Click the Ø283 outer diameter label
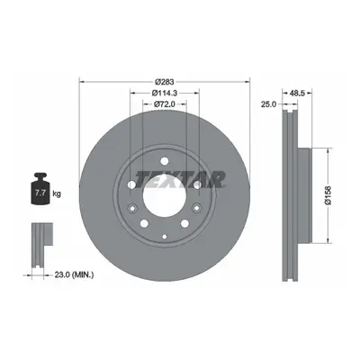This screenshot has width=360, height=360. pyautogui.click(x=165, y=82)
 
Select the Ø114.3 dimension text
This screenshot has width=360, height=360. pyautogui.click(x=165, y=93)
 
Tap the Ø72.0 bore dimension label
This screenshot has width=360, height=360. pyautogui.click(x=165, y=104)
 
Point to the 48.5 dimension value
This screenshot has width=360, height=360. pyautogui.click(x=298, y=93)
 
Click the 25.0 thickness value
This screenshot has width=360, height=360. pyautogui.click(x=268, y=104)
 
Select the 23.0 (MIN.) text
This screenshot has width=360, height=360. pyautogui.click(x=74, y=274)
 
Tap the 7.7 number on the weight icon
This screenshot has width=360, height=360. pyautogui.click(x=40, y=193)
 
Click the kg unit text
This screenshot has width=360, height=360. pyautogui.click(x=57, y=193)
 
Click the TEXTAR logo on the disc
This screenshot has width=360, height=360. pyautogui.click(x=180, y=179)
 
